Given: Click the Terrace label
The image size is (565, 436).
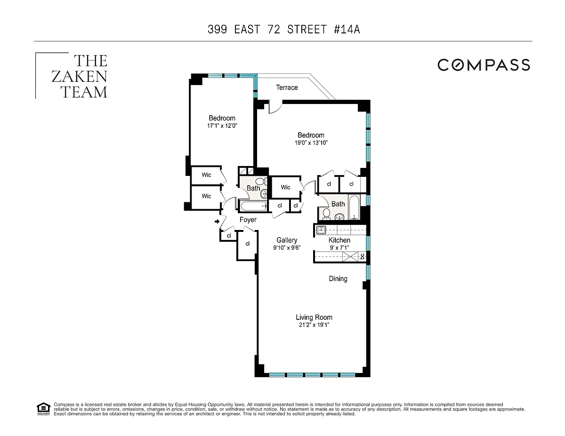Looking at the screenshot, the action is tap(287, 87).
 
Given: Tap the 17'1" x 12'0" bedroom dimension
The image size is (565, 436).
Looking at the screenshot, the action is tap(222, 126).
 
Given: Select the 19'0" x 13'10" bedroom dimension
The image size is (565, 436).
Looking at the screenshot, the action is tap(311, 143).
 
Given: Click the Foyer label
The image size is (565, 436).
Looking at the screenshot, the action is tap(248, 220).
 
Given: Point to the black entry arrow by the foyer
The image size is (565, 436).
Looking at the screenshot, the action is tap(217, 222).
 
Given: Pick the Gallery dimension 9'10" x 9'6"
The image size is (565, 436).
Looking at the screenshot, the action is tap(287, 248).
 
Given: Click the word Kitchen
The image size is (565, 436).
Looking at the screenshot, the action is tap(339, 240).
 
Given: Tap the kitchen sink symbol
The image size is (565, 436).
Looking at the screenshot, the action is tap(321, 230).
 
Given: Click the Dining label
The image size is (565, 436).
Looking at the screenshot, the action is tap(338, 279).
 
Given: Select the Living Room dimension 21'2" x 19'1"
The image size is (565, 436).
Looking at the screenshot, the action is tap(314, 325).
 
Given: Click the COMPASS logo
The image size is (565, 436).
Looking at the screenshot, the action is tap(484, 65).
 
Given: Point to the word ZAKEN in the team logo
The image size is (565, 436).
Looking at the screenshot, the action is tap(79, 76).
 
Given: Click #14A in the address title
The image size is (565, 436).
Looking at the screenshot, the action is tap(347, 29).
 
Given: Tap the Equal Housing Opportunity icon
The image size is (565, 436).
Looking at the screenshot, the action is tap(43, 409).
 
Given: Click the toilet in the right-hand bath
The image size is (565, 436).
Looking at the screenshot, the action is tap(326, 214).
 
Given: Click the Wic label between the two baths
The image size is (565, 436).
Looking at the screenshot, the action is tap(285, 187).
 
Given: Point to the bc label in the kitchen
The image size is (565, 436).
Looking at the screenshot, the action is tap(362, 257).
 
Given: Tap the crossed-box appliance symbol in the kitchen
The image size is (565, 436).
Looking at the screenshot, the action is tap(350, 257).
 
